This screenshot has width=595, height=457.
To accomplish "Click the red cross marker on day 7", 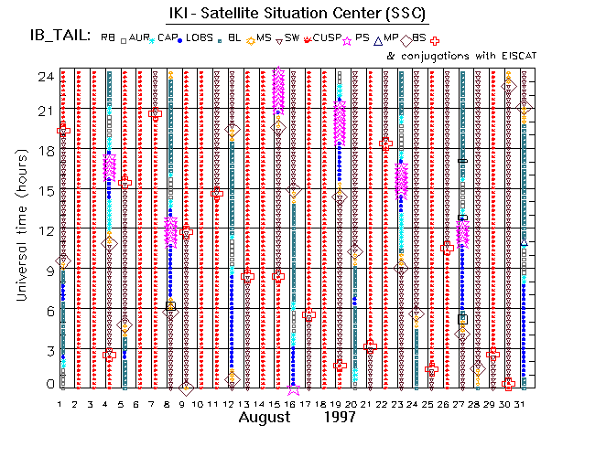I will [156, 114].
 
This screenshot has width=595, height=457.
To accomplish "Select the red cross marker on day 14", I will [217, 193].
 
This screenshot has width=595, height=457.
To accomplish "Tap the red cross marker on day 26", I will [447, 248].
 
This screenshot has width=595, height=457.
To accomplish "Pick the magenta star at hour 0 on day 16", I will [293, 388].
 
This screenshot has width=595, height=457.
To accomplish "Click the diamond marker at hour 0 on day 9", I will [186, 388].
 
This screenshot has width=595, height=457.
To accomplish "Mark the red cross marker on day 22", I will [385, 143].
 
